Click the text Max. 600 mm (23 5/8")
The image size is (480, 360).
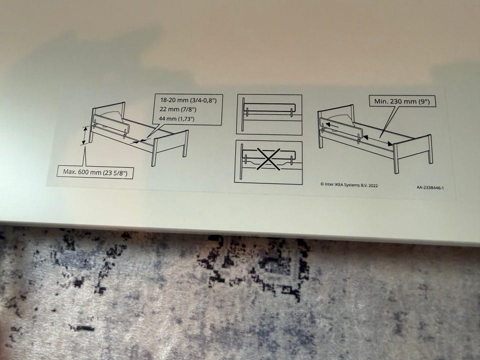coord(95,172)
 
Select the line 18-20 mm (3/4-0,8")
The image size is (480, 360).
coord(188,100)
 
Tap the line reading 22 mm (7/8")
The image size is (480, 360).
coord(178,109)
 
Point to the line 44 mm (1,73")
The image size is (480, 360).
coord(176,118)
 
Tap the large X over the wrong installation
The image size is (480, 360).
coord(268,159)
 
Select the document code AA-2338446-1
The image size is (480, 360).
coord(430,187)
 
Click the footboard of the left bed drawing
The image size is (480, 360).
coord(170,144)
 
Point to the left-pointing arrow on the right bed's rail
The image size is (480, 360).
coord(332,124)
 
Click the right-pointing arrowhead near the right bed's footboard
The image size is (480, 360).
coord(390,143)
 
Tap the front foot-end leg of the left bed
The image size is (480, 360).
coord(154,152)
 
